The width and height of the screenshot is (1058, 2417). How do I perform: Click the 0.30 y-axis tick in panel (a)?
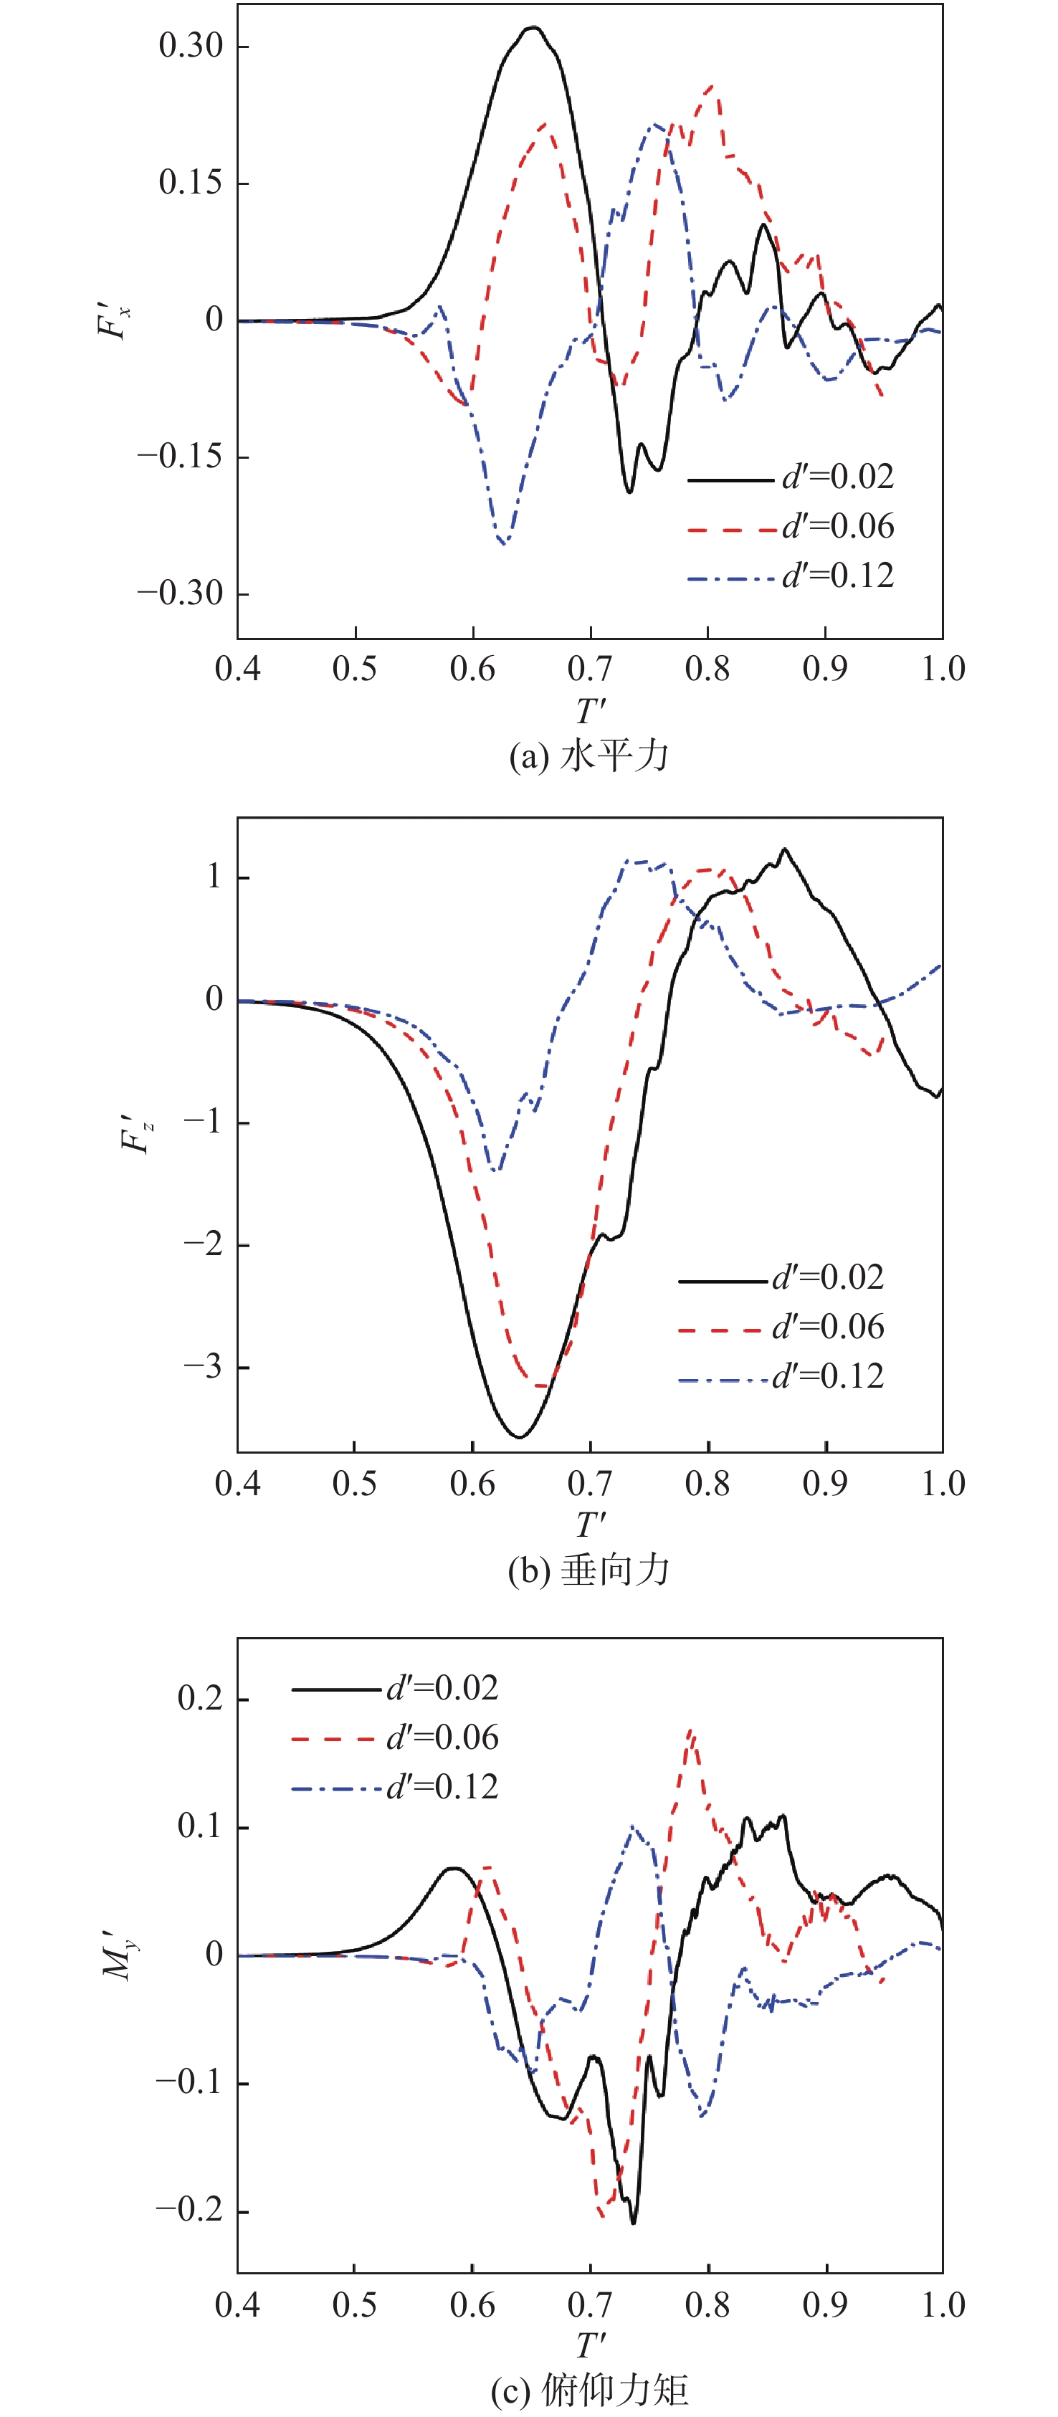coord(191,45)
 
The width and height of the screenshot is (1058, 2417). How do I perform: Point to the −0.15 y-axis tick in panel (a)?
coord(180,457)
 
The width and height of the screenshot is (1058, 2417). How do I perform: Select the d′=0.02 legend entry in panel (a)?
coord(790,477)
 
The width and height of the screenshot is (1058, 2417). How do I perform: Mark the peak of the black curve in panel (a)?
coord(533,27)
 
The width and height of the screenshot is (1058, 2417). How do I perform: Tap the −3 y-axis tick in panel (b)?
coord(201,1367)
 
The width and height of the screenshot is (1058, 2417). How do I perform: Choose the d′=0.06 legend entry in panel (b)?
coord(781,1327)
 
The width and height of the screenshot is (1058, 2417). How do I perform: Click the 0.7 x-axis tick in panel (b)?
coord(590,1484)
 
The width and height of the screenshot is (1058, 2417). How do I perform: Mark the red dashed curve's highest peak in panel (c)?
coord(690,1731)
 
